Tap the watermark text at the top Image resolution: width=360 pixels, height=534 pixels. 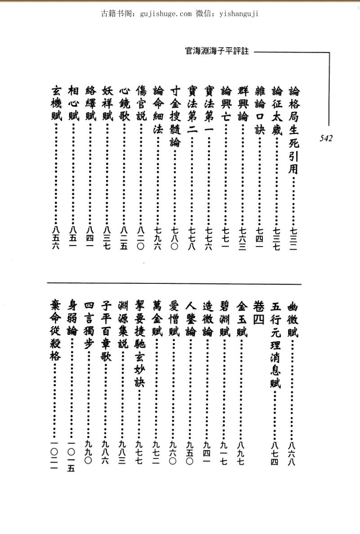click(x=180, y=13)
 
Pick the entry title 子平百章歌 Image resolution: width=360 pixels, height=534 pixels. click(x=106, y=332)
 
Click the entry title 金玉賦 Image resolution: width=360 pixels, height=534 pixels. click(x=241, y=318)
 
